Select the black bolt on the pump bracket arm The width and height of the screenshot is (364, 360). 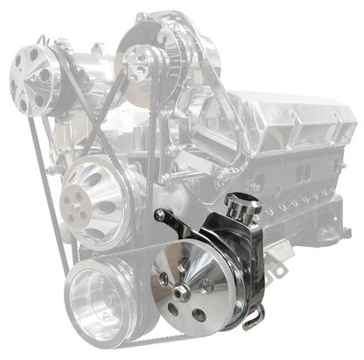tap(160, 215)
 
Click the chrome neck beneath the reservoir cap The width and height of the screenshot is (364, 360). tap(236, 222)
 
